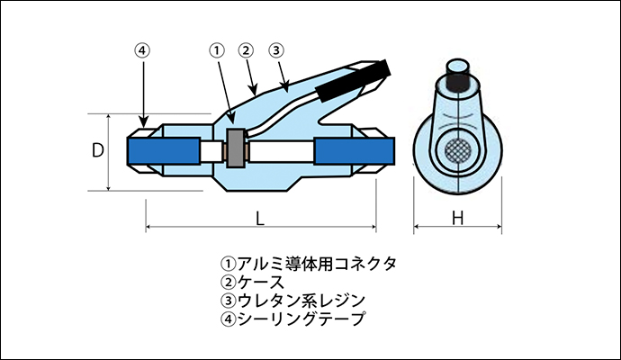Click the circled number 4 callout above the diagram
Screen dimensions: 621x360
click(142, 50)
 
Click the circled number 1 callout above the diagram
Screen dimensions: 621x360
click(216, 50)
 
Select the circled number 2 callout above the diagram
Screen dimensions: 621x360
click(246, 50)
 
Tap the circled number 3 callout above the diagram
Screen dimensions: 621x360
click(276, 50)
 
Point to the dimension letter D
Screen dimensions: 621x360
click(98, 150)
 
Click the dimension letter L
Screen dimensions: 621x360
click(260, 218)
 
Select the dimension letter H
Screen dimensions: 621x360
click(458, 218)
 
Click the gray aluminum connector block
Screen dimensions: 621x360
click(236, 148)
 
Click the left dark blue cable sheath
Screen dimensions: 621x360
click(164, 151)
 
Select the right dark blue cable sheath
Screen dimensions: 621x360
click(355, 151)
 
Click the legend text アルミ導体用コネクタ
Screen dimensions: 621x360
click(317, 264)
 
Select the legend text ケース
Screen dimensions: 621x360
click(261, 282)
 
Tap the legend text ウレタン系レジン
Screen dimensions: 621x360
click(301, 301)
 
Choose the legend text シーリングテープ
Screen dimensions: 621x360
click(301, 319)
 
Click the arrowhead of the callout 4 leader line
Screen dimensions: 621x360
click(143, 122)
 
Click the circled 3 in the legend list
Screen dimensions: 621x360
click(229, 301)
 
